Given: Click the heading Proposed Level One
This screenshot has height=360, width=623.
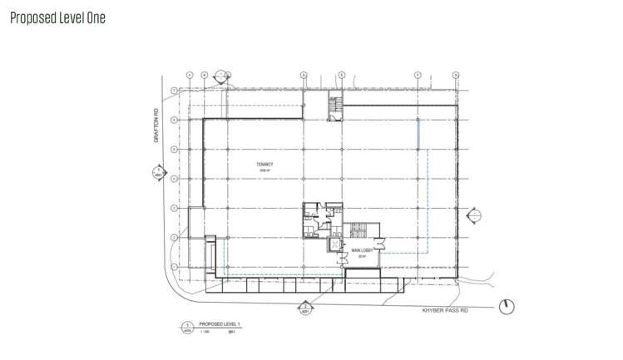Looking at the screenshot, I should [x=57, y=17].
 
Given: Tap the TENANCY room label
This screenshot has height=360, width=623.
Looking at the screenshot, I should [x=265, y=165].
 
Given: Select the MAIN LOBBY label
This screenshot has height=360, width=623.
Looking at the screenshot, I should [x=360, y=250].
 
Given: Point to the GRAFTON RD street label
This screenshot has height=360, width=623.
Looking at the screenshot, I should [x=155, y=126].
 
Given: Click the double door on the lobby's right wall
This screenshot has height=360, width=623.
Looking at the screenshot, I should [x=379, y=243].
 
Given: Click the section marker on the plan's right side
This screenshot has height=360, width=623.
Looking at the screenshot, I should [x=475, y=216].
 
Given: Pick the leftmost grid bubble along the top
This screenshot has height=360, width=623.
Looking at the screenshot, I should [x=190, y=75].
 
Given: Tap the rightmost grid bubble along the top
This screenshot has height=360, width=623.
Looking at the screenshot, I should [x=457, y=75].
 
